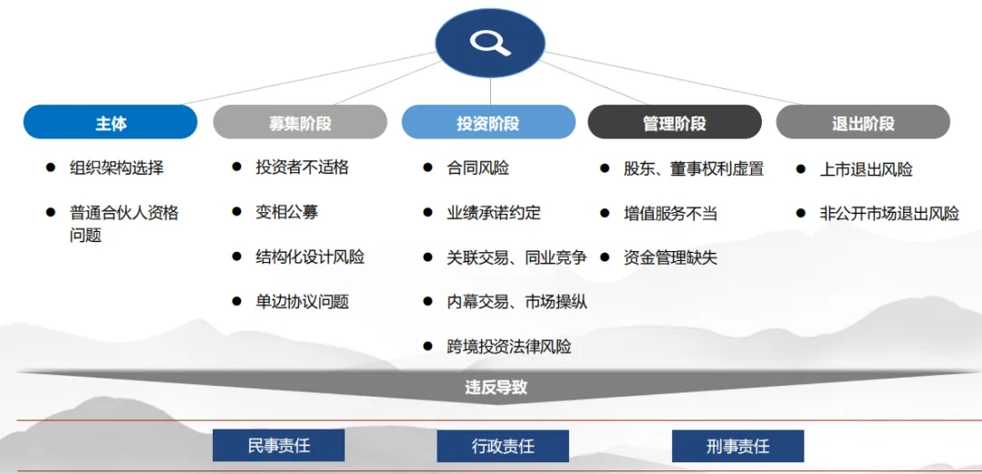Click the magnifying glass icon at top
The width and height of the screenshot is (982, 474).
[x=490, y=42]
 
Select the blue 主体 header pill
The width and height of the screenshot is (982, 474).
[x=110, y=123]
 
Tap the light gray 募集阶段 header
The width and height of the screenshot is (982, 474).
[x=300, y=123]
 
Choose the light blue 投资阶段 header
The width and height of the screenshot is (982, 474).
[x=488, y=123]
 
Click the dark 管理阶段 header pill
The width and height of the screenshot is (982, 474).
[x=675, y=123]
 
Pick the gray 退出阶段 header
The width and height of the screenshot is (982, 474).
[x=863, y=123]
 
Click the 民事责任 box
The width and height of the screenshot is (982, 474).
[x=278, y=446]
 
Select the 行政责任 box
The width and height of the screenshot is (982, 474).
[x=503, y=447]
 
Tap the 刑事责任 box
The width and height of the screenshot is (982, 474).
[x=737, y=447]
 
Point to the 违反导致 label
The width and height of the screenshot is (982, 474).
[x=496, y=388]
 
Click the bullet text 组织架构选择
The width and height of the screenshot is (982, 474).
[x=116, y=167]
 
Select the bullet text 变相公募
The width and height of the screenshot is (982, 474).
[x=286, y=212]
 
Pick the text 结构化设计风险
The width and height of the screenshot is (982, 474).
[x=310, y=257]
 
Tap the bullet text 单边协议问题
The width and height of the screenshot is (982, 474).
[x=302, y=301]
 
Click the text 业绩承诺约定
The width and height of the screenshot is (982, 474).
[x=493, y=212]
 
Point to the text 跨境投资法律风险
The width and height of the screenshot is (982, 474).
[x=508, y=346]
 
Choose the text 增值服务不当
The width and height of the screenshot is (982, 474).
[x=670, y=213]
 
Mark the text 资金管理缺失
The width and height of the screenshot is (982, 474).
[x=670, y=257]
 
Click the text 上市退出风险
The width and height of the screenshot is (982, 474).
[x=866, y=168]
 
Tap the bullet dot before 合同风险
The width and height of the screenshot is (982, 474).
[x=427, y=167]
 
